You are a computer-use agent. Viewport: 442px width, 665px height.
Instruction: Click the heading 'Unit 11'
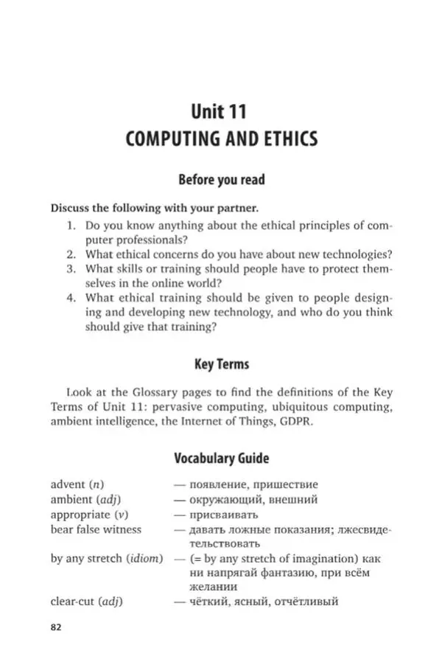click(x=219, y=111)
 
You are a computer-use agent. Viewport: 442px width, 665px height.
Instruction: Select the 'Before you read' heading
click(x=221, y=179)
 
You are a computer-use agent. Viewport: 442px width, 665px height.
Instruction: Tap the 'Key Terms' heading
click(x=221, y=363)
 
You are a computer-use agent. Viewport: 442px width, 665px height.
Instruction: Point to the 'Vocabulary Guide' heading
click(x=221, y=458)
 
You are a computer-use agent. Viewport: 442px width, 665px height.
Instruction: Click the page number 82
click(x=56, y=627)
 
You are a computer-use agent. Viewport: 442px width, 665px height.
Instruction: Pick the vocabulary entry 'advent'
click(x=68, y=484)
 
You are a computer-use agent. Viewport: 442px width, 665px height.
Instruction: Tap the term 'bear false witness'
click(x=96, y=529)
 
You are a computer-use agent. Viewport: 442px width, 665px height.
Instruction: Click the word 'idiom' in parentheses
click(x=144, y=558)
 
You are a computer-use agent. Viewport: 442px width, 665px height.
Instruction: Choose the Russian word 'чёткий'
click(x=208, y=602)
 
